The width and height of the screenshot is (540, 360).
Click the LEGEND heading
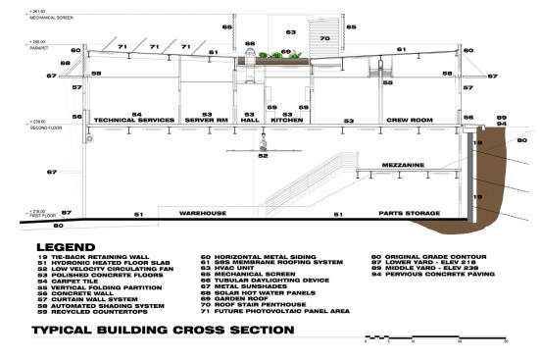pyautogui.click(x=63, y=246)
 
